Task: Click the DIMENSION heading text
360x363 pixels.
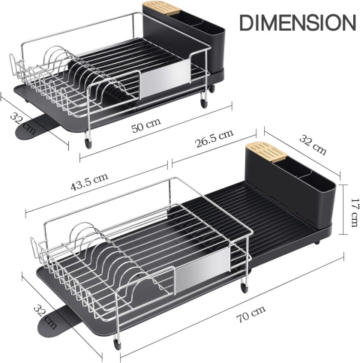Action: coord(298,22)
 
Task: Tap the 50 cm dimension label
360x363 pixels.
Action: coord(146,125)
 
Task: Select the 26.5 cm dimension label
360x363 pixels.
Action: coord(214,138)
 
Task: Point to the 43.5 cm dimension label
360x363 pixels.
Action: coord(89,181)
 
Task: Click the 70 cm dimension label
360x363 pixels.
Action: coord(250,313)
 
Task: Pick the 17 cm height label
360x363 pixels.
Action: coord(355,213)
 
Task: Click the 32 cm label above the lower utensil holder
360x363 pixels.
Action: coord(313,145)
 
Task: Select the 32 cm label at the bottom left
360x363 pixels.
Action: coord(45,316)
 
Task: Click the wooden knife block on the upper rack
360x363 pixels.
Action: coord(162,8)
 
